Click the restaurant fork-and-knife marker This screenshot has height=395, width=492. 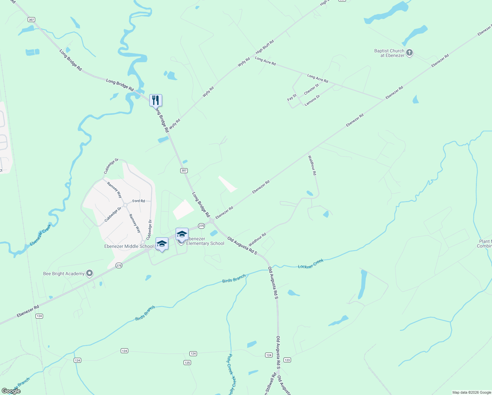156,100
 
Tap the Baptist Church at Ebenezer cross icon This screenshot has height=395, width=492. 409,53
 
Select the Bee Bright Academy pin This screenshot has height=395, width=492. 89,274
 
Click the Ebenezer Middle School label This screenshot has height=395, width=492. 129,246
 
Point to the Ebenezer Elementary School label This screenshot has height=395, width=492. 205,241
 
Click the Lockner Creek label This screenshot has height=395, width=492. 311,264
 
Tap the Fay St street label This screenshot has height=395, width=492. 292,97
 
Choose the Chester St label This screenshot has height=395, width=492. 311,89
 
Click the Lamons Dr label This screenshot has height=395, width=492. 312,100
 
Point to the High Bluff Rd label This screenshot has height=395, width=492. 265,47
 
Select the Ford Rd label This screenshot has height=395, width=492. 138,201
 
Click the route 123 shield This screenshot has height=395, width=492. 287,360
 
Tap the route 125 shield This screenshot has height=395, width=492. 187,363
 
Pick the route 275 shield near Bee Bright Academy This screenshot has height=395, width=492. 119,266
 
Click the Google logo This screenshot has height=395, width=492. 11,391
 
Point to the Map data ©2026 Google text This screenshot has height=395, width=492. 472,392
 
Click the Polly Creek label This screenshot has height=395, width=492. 232,374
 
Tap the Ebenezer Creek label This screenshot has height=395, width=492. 40,234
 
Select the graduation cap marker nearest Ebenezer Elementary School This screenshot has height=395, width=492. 182,234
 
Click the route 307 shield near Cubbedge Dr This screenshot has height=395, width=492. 184,171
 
